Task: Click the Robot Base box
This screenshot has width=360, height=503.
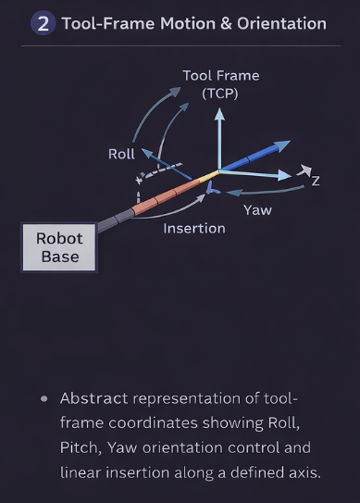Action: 59,247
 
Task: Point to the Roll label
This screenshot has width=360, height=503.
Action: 121,154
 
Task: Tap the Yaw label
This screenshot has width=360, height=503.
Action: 256,210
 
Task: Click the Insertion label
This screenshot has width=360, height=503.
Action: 194,228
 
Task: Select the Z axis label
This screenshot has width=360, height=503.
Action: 316,181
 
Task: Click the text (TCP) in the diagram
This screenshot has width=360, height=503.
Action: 220,94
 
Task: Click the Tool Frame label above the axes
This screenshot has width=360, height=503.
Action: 220,76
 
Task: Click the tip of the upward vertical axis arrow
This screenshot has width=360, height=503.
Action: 219,112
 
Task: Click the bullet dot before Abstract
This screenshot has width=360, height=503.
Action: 43,398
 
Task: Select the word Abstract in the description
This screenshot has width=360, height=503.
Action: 93,398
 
